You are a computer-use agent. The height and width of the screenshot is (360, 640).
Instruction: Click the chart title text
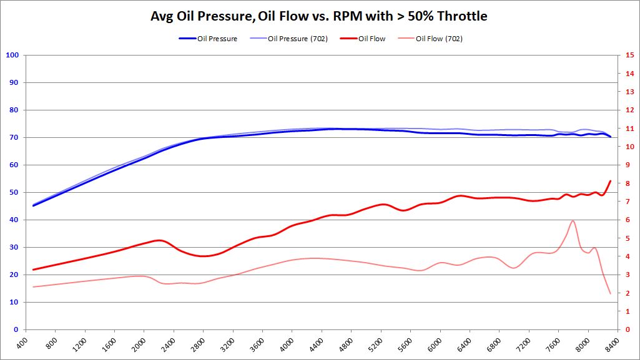point(319,16)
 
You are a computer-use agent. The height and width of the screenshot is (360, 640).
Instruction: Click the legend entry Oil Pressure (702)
point(294,39)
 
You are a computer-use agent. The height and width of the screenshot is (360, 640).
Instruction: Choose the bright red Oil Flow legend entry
point(372,39)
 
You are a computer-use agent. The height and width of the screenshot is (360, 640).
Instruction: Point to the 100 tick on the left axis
point(12,55)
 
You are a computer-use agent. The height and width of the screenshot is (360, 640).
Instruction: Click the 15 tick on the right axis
point(629,55)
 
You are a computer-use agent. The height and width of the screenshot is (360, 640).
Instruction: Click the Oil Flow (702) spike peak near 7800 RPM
point(573,220)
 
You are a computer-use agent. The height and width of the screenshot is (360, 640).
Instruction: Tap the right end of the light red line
point(610,293)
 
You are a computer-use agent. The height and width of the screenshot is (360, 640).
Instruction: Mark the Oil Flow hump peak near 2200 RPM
point(158,240)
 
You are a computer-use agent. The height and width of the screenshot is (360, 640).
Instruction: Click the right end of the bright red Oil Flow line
point(610,181)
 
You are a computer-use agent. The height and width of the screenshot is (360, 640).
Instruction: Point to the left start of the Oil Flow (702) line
point(33,287)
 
